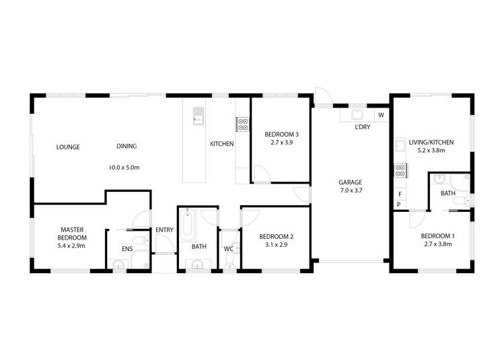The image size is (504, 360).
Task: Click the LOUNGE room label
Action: point(68,147)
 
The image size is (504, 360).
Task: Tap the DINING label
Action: point(127,147)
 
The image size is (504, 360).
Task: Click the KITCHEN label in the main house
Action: point(221,144)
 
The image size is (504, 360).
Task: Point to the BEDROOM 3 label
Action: point(281,133)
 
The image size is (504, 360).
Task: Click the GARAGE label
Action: point(350,182)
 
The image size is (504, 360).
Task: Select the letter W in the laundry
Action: point(381,115)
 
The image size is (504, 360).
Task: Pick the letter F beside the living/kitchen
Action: point(399,194)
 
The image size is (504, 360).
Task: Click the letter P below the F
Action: point(399,204)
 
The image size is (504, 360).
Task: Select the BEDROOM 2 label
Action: point(277,236)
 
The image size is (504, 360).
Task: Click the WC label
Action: point(229,249)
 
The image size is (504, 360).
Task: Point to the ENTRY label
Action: point(164,230)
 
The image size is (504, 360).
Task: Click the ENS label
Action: point(127,249)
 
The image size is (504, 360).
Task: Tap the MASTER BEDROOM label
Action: point(71,233)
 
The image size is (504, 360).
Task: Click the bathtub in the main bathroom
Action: point(188,227)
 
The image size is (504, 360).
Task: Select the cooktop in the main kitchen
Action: point(242,124)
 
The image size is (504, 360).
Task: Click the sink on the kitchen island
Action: point(199,116)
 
